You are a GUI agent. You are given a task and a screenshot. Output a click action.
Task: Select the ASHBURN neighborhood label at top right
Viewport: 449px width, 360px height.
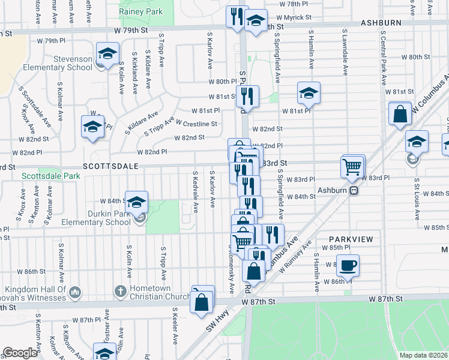click(381, 22)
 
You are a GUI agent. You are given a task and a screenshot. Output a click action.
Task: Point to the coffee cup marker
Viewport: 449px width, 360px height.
click(348, 265)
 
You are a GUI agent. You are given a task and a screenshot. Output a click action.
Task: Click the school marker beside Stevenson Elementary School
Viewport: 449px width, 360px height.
click(107, 55)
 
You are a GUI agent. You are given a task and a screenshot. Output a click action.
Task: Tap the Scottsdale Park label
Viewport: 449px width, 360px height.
click(50, 176)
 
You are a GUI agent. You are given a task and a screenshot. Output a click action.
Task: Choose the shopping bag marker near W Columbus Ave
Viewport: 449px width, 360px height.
click(400, 113)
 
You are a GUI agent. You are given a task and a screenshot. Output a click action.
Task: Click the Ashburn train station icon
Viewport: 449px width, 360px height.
click(354, 190)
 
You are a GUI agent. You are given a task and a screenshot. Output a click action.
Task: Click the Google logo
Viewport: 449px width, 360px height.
click(20, 353)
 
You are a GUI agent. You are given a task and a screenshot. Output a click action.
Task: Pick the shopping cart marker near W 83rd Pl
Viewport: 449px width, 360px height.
click(352, 166)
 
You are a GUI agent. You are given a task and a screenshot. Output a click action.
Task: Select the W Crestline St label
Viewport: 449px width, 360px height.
click(196, 124)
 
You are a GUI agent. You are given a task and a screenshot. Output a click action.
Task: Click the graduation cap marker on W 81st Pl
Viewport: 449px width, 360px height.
click(309, 92)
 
